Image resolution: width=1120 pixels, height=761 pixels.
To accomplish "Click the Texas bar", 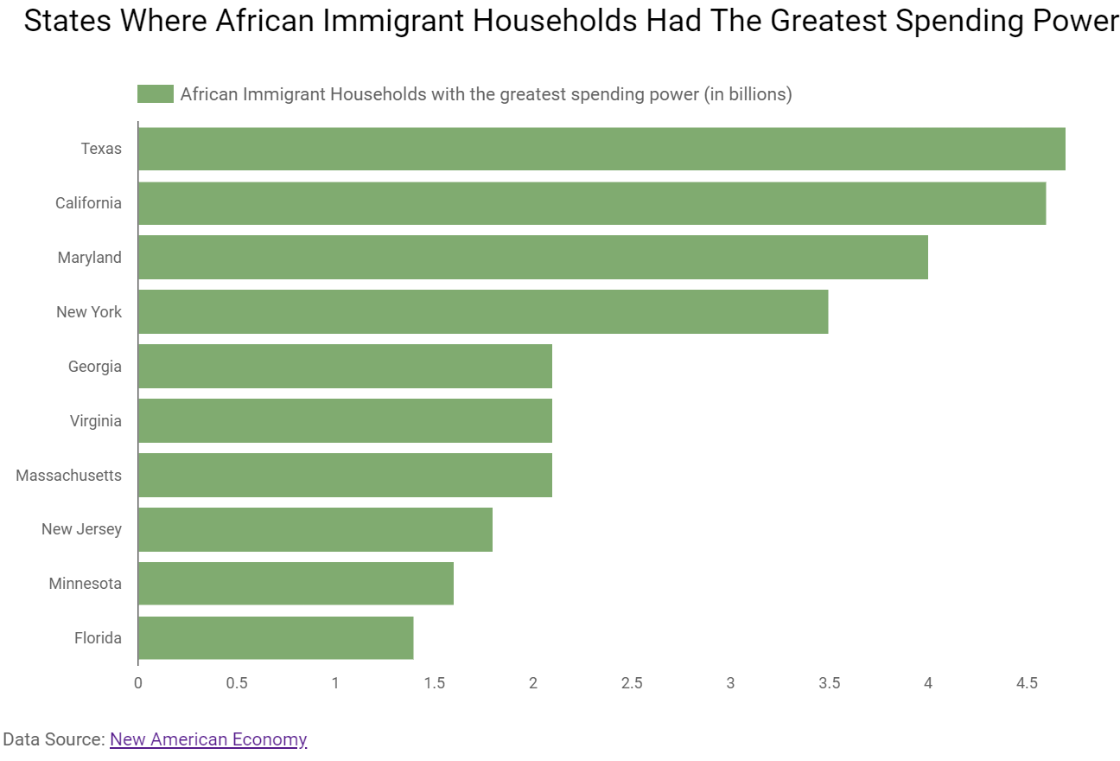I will pyautogui.click(x=601, y=149).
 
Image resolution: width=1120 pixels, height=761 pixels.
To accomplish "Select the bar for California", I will pyautogui.click(x=592, y=203).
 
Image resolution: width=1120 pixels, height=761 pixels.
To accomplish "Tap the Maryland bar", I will pyautogui.click(x=532, y=258).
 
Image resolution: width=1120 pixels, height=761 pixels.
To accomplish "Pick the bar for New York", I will pyautogui.click(x=483, y=312).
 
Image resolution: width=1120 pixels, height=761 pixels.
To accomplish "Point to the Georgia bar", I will pyautogui.click(x=345, y=367).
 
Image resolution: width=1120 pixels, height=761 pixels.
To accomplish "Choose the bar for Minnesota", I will pyautogui.click(x=296, y=584).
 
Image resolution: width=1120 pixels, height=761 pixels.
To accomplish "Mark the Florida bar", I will pyautogui.click(x=276, y=638).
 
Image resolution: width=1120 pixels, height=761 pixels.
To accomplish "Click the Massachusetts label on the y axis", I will pyautogui.click(x=69, y=476).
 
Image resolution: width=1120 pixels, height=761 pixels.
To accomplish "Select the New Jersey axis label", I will pyautogui.click(x=81, y=529).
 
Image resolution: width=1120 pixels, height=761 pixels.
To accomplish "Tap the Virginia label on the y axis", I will pyautogui.click(x=96, y=421).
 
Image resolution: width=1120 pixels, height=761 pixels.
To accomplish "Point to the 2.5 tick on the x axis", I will pyautogui.click(x=632, y=683).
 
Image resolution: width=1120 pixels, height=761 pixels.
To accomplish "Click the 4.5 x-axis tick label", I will pyautogui.click(x=1027, y=683).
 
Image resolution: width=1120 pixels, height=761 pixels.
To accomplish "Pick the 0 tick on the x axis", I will pyautogui.click(x=138, y=683).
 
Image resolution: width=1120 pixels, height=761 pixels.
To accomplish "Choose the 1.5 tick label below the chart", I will pyautogui.click(x=434, y=683).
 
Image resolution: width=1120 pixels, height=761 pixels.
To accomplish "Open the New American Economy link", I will pyautogui.click(x=208, y=739).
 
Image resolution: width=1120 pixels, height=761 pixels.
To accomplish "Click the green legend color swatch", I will pyautogui.click(x=156, y=94).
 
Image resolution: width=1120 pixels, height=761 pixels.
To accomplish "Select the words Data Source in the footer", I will pyautogui.click(x=54, y=739).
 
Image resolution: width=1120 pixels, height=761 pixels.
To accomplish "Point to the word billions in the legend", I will pyautogui.click(x=754, y=94).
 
